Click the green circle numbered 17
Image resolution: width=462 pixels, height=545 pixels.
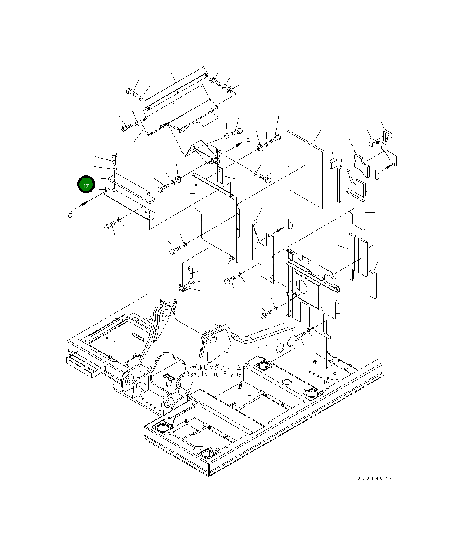pyautogui.click(x=86, y=185)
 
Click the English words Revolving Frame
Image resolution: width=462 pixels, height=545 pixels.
pyautogui.click(x=214, y=374)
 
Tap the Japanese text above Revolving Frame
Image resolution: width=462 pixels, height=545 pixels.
pyautogui.click(x=214, y=367)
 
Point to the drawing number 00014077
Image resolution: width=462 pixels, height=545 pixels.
pyautogui.click(x=375, y=478)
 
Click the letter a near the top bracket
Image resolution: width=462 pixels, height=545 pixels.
pyautogui.click(x=247, y=141)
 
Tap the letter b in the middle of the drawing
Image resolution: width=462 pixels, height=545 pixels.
pyautogui.click(x=290, y=225)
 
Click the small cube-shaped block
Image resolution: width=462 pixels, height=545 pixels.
pyautogui.click(x=333, y=163)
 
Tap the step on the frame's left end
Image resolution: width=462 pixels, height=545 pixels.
pyautogui.click(x=86, y=367)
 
